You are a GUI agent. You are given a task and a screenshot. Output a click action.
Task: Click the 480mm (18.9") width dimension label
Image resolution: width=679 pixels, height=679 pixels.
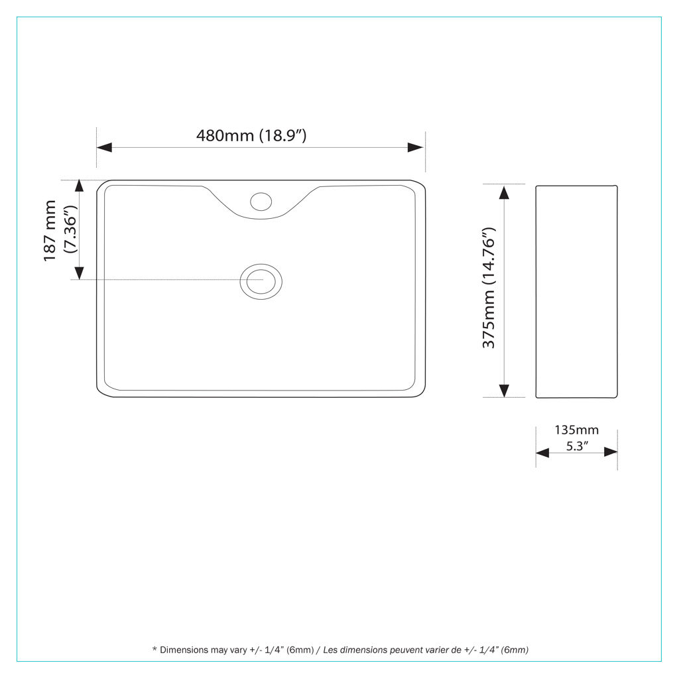251,135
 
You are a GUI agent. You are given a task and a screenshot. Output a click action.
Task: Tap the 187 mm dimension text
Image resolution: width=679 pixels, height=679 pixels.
50,230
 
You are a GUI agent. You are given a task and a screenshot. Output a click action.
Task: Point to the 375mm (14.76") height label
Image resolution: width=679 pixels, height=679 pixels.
489,287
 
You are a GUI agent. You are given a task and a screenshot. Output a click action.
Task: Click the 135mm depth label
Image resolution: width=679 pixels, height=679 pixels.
576,430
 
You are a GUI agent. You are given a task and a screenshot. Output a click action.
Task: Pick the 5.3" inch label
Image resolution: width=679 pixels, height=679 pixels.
578,446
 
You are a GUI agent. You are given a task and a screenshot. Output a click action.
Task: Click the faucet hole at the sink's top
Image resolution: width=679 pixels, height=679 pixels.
261,202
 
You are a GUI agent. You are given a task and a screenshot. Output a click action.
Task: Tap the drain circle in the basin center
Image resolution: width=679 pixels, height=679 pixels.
261,281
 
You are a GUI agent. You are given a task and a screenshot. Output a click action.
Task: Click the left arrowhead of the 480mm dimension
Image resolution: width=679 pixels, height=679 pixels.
104,148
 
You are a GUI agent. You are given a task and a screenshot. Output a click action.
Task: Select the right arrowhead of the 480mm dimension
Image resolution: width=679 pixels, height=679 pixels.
416,148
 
